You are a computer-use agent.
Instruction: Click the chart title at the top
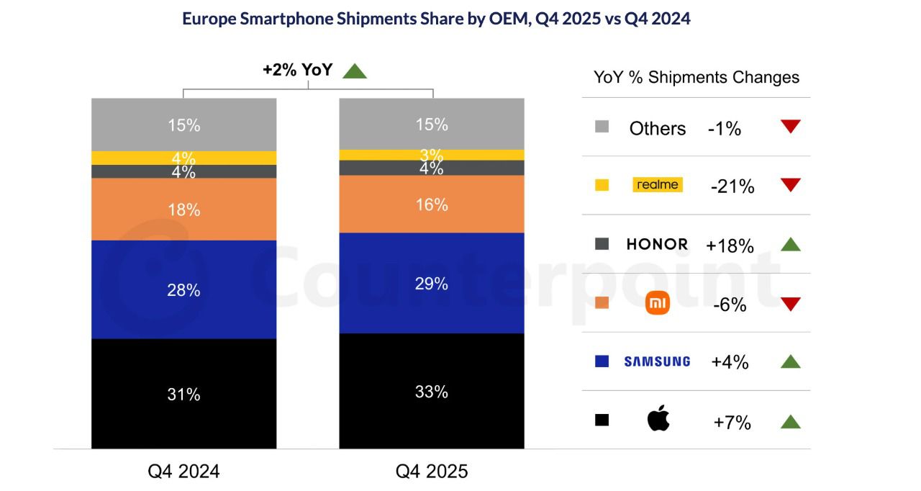[436, 19]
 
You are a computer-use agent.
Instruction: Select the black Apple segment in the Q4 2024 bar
[183, 393]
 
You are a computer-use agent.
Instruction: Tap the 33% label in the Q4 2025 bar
[432, 392]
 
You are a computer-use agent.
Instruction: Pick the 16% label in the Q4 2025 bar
[432, 205]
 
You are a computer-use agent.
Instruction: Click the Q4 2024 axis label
[183, 472]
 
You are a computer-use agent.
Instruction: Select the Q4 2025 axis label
[432, 472]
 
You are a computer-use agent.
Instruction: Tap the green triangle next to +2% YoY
[355, 71]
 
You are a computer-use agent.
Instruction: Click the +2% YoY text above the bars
[297, 70]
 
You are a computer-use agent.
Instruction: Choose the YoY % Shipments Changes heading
[696, 77]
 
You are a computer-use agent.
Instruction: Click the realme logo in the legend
[658, 184]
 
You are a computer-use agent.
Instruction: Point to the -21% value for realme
[732, 186]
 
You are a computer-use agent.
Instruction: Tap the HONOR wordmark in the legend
[657, 244]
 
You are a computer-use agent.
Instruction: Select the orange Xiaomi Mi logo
[658, 303]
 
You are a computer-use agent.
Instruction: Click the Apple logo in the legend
[658, 418]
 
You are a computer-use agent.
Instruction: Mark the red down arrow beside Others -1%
[790, 127]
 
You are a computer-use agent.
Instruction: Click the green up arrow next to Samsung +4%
[790, 361]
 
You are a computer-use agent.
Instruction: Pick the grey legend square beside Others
[602, 127]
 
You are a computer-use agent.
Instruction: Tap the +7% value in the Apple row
[732, 423]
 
